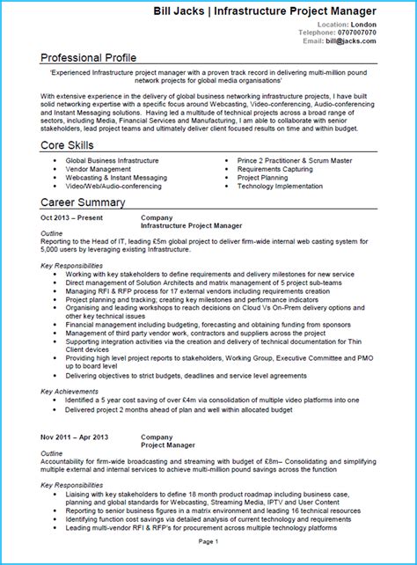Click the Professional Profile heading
coord(94,58)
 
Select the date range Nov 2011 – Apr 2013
coord(76,437)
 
